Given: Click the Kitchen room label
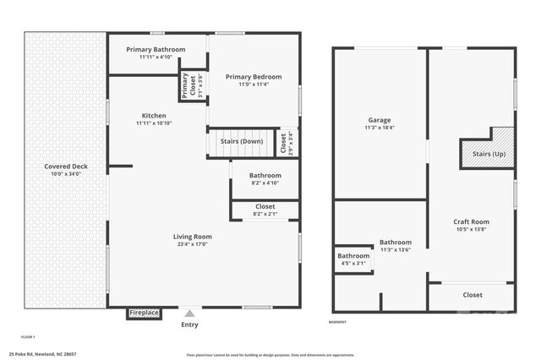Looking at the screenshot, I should pyautogui.click(x=154, y=116).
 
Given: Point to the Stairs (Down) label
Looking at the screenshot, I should pyautogui.click(x=241, y=141).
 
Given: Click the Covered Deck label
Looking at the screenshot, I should pyautogui.click(x=66, y=166).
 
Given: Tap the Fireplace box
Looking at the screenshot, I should pyautogui.click(x=144, y=314).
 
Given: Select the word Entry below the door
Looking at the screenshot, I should pyautogui.click(x=190, y=325).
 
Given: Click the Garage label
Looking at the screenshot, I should pyautogui.click(x=380, y=120).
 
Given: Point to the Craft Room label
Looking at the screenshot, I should pyautogui.click(x=472, y=222).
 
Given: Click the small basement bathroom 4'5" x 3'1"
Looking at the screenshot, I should pyautogui.click(x=353, y=259).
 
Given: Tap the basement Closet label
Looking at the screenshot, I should pyautogui.click(x=473, y=295).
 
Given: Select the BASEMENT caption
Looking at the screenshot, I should pyautogui.click(x=337, y=322).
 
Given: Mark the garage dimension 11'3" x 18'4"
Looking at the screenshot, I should pyautogui.click(x=380, y=128).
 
